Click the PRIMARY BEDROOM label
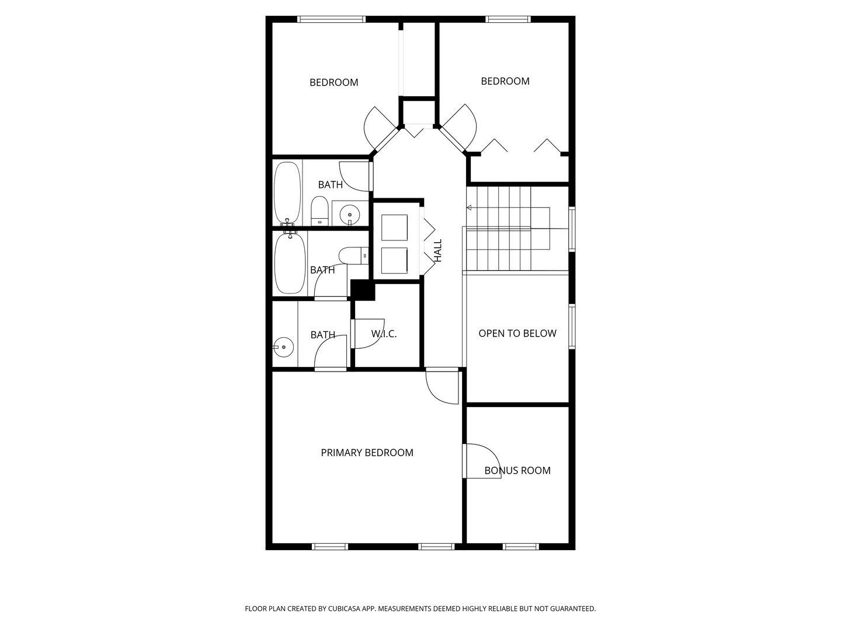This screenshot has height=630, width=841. (x=367, y=453)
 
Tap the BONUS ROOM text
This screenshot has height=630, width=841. (x=517, y=470)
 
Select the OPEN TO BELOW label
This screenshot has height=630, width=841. (x=517, y=333)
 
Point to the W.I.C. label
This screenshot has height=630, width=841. (x=384, y=334)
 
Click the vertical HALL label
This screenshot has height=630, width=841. (x=438, y=251)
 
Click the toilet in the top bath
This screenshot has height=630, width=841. (x=319, y=211)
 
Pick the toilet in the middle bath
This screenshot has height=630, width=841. (x=353, y=256)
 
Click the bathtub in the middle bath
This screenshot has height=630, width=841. (x=290, y=262)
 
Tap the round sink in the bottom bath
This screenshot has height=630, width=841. (x=283, y=347)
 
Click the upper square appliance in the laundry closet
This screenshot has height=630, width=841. (x=394, y=228)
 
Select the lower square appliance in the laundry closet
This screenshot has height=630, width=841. (x=394, y=261)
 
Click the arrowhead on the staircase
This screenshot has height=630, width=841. (x=468, y=208)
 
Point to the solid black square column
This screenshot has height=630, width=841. (x=363, y=290)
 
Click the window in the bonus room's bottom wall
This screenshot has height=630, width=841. (x=521, y=547)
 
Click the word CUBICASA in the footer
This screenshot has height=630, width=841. (x=344, y=608)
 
